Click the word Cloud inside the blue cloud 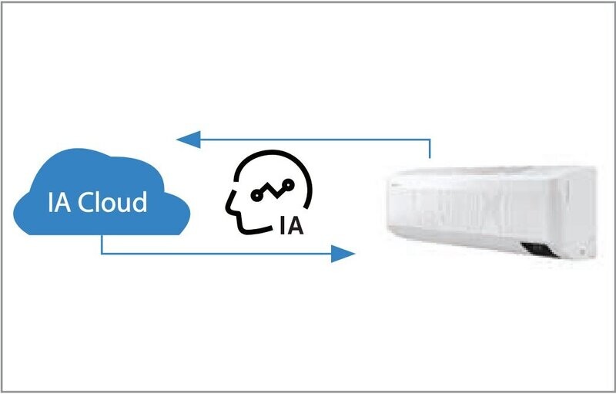112,202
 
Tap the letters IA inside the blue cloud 60,202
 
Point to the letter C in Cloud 85,203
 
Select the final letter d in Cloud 139,202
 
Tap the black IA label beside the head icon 292,225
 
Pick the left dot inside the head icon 256,194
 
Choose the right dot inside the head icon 289,184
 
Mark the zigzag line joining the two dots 273,190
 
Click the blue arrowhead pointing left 189,140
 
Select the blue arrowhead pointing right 343,254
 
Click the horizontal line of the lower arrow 216,254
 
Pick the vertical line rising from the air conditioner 430,149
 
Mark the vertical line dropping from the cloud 102,244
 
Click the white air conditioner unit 492,212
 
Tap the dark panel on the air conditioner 539,250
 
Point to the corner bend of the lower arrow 102,254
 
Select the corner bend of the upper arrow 430,140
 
